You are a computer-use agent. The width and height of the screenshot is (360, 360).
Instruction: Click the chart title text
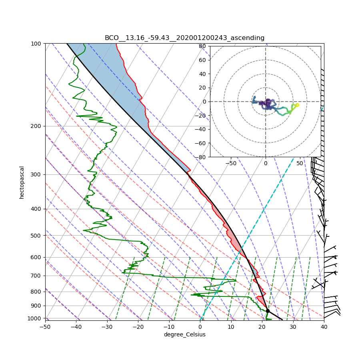click(184, 38)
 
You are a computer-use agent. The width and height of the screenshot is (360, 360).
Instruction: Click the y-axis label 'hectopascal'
click(22, 182)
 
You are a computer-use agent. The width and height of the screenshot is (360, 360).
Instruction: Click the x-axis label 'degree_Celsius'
click(184, 334)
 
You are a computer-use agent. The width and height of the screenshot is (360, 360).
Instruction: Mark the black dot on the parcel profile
click(268, 311)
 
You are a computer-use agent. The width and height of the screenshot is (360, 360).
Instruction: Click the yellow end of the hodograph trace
click(297, 105)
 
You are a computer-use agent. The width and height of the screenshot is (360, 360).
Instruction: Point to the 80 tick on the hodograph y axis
click(202, 46)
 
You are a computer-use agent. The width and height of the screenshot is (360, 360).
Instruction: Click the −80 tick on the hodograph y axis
click(201, 157)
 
